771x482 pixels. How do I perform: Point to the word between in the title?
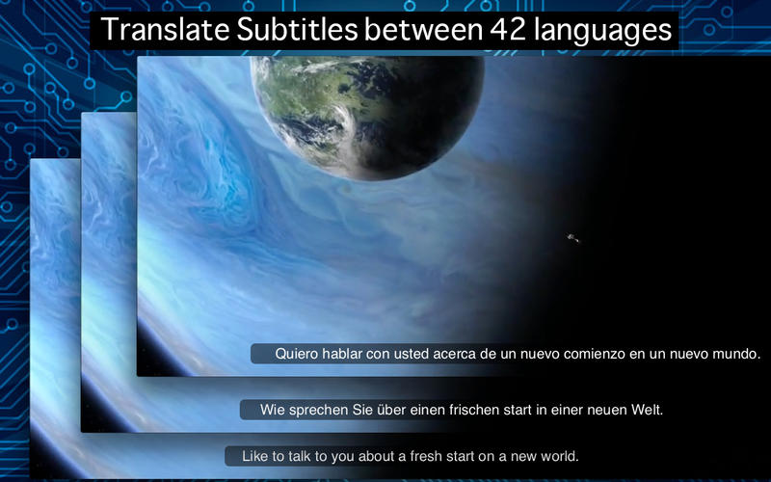coord(411,30)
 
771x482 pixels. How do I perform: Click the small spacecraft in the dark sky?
coord(572,237)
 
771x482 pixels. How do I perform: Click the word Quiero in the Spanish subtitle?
coord(296,354)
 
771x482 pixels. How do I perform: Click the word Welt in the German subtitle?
coord(648,410)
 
